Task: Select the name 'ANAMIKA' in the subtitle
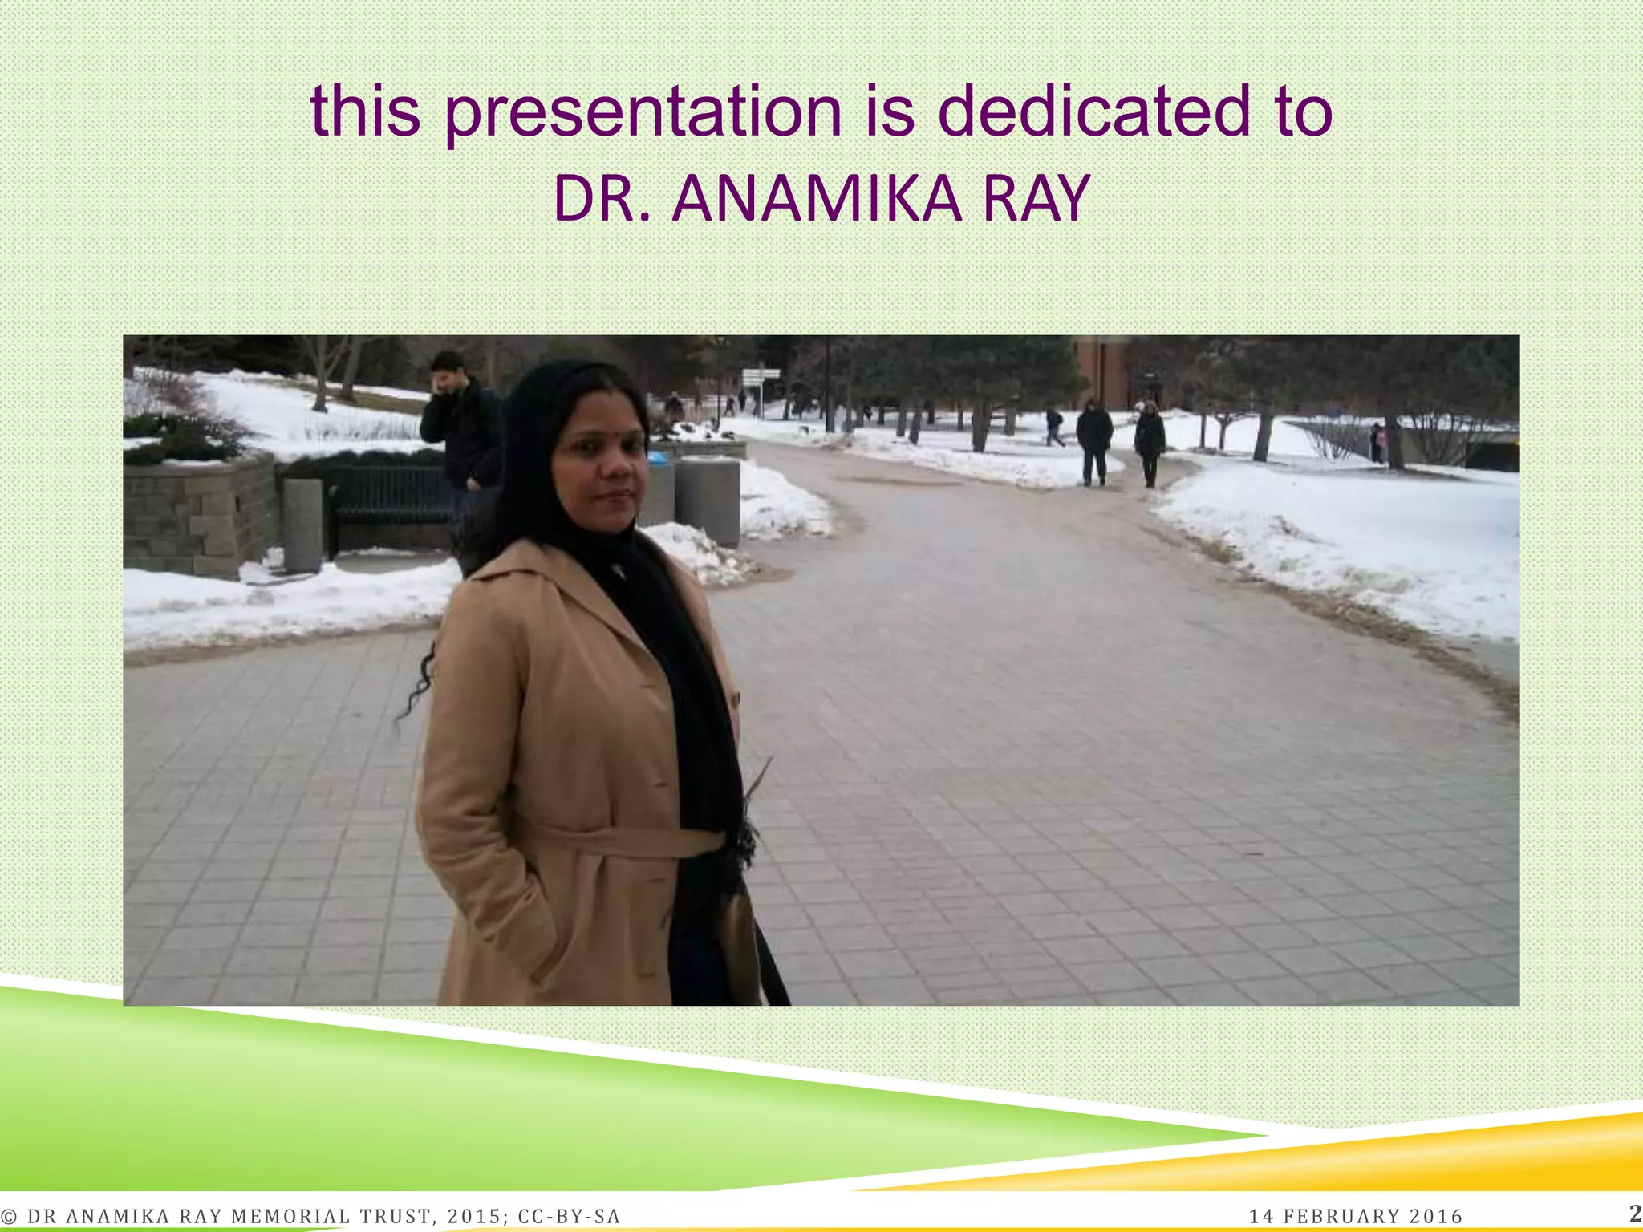coord(817,198)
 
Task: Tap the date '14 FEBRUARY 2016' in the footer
coord(1356,1217)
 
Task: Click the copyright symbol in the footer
coord(10,1217)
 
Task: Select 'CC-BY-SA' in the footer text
coord(569,1217)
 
